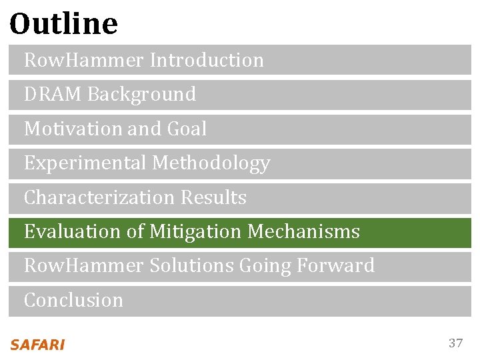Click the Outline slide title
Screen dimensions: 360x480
tap(64, 24)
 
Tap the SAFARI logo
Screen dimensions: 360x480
tap(37, 345)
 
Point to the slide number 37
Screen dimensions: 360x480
tap(455, 343)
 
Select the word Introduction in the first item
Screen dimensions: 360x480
tap(207, 60)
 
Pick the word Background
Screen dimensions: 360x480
tap(141, 95)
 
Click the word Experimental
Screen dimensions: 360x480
tap(85, 163)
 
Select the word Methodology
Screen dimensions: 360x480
tap(211, 163)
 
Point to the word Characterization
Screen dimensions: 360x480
tap(98, 198)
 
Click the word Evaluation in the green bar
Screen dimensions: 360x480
tap(66, 232)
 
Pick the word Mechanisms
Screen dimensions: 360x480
tap(303, 232)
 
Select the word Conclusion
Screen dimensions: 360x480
tap(73, 301)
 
